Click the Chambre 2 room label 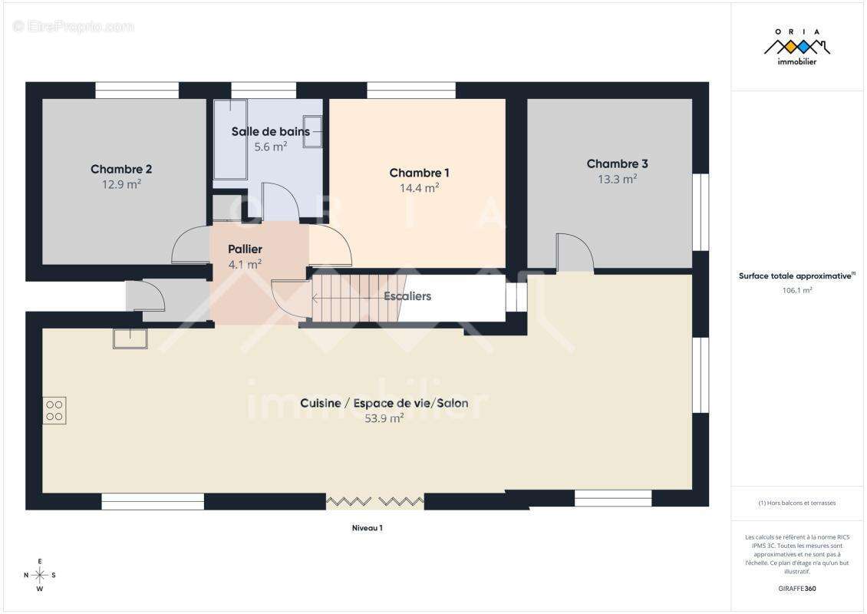pyautogui.click(x=121, y=170)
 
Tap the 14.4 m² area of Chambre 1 pyautogui.click(x=419, y=188)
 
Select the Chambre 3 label pyautogui.click(x=617, y=163)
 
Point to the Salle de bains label pyautogui.click(x=270, y=132)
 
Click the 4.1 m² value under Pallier pyautogui.click(x=245, y=265)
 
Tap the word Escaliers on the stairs pyautogui.click(x=407, y=296)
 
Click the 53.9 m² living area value pyautogui.click(x=384, y=419)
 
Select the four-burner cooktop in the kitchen pyautogui.click(x=54, y=411)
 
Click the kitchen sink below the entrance pyautogui.click(x=130, y=338)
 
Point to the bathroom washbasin pyautogui.click(x=312, y=132)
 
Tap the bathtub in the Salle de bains pyautogui.click(x=230, y=140)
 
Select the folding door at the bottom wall pyautogui.click(x=375, y=502)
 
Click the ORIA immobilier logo pyautogui.click(x=796, y=47)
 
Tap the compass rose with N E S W pyautogui.click(x=40, y=576)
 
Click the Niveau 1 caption pyautogui.click(x=368, y=528)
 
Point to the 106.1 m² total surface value pyautogui.click(x=796, y=290)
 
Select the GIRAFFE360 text pyautogui.click(x=796, y=589)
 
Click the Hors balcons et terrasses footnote pyautogui.click(x=796, y=503)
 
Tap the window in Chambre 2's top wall pyautogui.click(x=137, y=90)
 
